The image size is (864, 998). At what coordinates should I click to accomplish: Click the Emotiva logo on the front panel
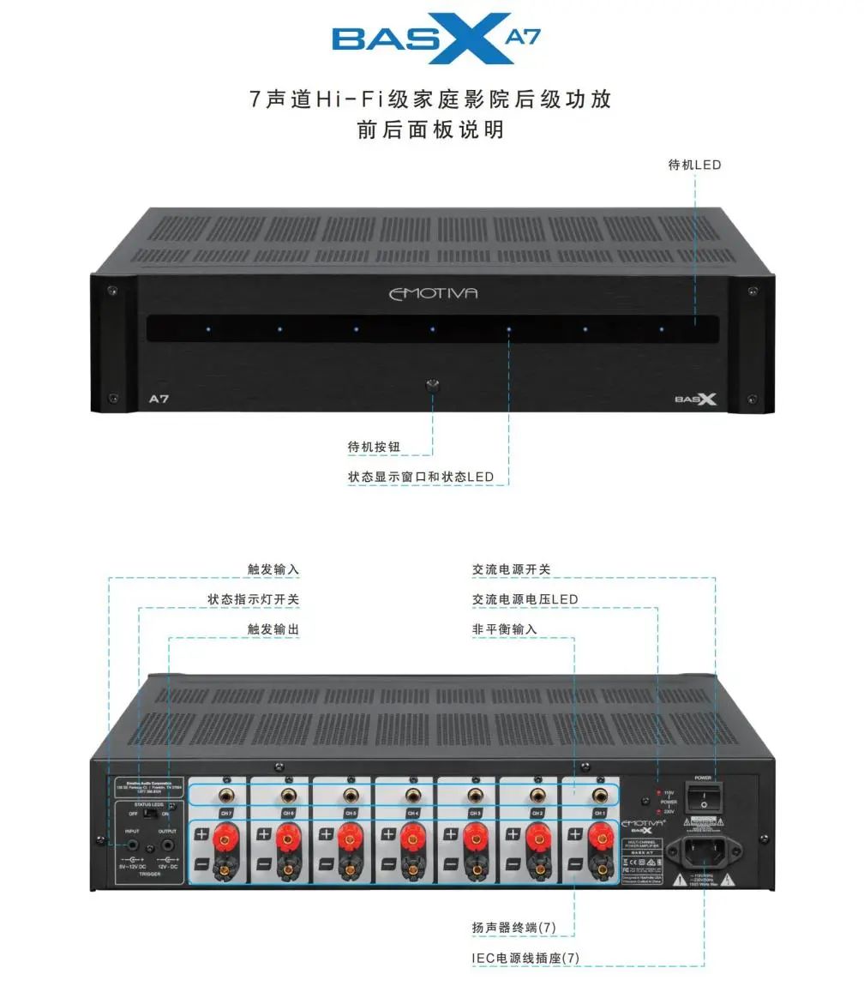(433, 293)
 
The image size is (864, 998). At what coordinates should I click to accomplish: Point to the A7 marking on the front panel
(159, 399)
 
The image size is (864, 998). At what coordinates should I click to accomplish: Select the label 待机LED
(695, 164)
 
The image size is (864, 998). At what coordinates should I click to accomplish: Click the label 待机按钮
(375, 447)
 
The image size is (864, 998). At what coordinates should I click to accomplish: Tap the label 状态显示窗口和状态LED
(421, 477)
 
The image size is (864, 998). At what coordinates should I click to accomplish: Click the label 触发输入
(273, 569)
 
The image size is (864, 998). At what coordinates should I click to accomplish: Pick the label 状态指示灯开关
(254, 599)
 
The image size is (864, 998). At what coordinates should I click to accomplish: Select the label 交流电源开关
(512, 569)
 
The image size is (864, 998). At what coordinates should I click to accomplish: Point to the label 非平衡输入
(505, 629)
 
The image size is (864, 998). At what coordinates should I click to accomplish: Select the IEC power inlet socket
(704, 852)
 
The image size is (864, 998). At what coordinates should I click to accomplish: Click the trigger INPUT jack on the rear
(133, 845)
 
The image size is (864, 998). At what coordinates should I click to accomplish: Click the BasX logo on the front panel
(694, 399)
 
